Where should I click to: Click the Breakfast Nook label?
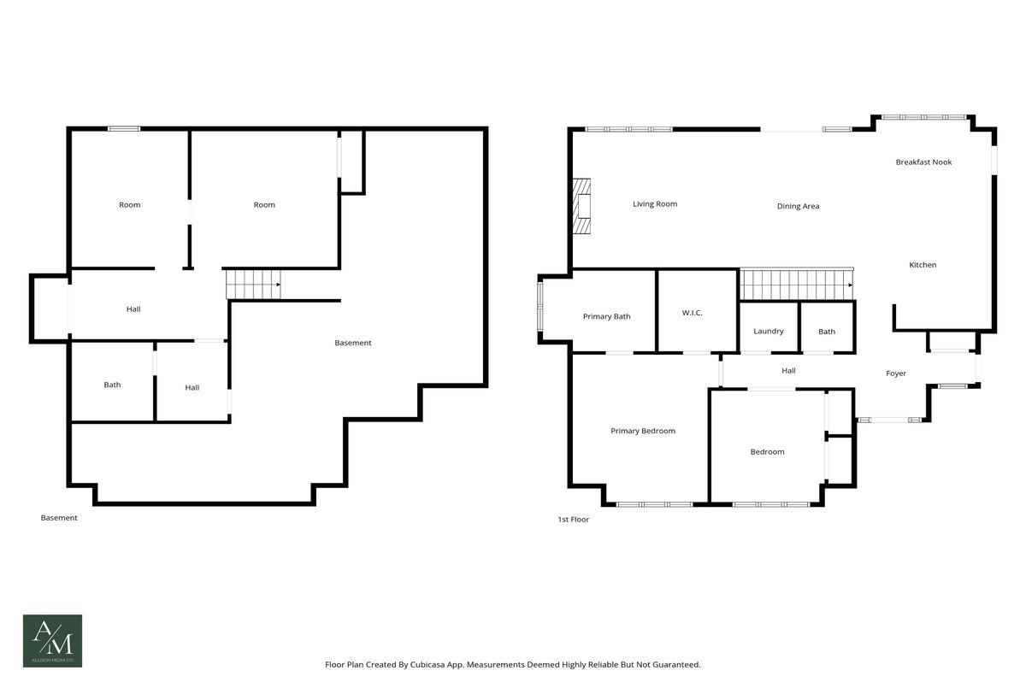pos(923,162)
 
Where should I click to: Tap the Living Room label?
pos(655,204)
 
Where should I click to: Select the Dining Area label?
pos(798,207)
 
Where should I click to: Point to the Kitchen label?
pos(923,265)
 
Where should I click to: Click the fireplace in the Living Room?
pos(581,206)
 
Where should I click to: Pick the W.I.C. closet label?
pos(692,313)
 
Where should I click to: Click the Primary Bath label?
pos(606,317)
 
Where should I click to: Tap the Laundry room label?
pos(769,332)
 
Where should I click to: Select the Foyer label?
pos(896,373)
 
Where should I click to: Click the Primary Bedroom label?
pos(643,432)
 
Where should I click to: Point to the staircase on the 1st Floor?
pos(797,285)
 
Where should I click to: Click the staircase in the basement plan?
pos(253,285)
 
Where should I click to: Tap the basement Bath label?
pos(112,385)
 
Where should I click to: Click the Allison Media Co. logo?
pos(53,641)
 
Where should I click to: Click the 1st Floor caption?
pos(573,520)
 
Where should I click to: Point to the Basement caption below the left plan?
pos(59,518)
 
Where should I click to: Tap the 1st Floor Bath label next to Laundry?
pos(827,332)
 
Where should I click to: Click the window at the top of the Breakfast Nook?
pos(924,117)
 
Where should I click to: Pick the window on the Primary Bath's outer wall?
pos(540,306)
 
